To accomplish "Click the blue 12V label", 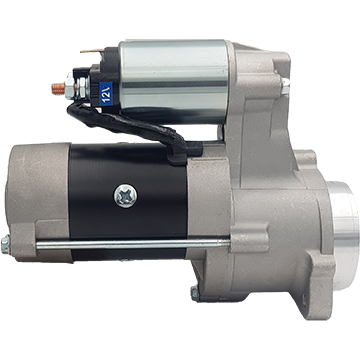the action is [106, 94].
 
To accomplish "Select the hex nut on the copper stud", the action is [70, 86].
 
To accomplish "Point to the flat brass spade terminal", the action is [92, 51].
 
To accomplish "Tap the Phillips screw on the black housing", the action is [126, 196].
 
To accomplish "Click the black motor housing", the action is [128, 200].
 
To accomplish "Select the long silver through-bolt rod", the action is [133, 244].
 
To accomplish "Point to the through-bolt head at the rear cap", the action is [6, 245].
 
